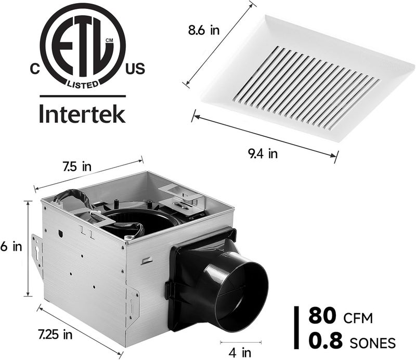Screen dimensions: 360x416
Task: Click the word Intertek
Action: point(83,113)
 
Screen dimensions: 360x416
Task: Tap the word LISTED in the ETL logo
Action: point(83,83)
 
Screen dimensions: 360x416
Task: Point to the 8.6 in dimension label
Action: point(203,31)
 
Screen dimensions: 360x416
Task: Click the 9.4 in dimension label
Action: point(262,153)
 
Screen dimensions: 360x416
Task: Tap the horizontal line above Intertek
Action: point(83,96)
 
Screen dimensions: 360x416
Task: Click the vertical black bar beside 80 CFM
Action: point(297,328)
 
